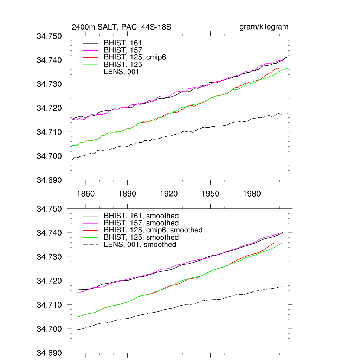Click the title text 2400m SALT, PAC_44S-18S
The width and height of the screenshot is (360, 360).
point(121,27)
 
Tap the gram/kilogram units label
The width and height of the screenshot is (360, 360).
point(264,27)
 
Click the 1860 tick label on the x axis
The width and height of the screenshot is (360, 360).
point(86,194)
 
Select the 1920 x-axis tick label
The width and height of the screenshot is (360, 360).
point(169,194)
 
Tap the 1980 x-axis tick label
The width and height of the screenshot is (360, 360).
point(252,194)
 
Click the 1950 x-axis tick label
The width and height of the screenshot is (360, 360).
point(210,194)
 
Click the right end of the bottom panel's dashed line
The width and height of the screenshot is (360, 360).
point(283,287)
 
